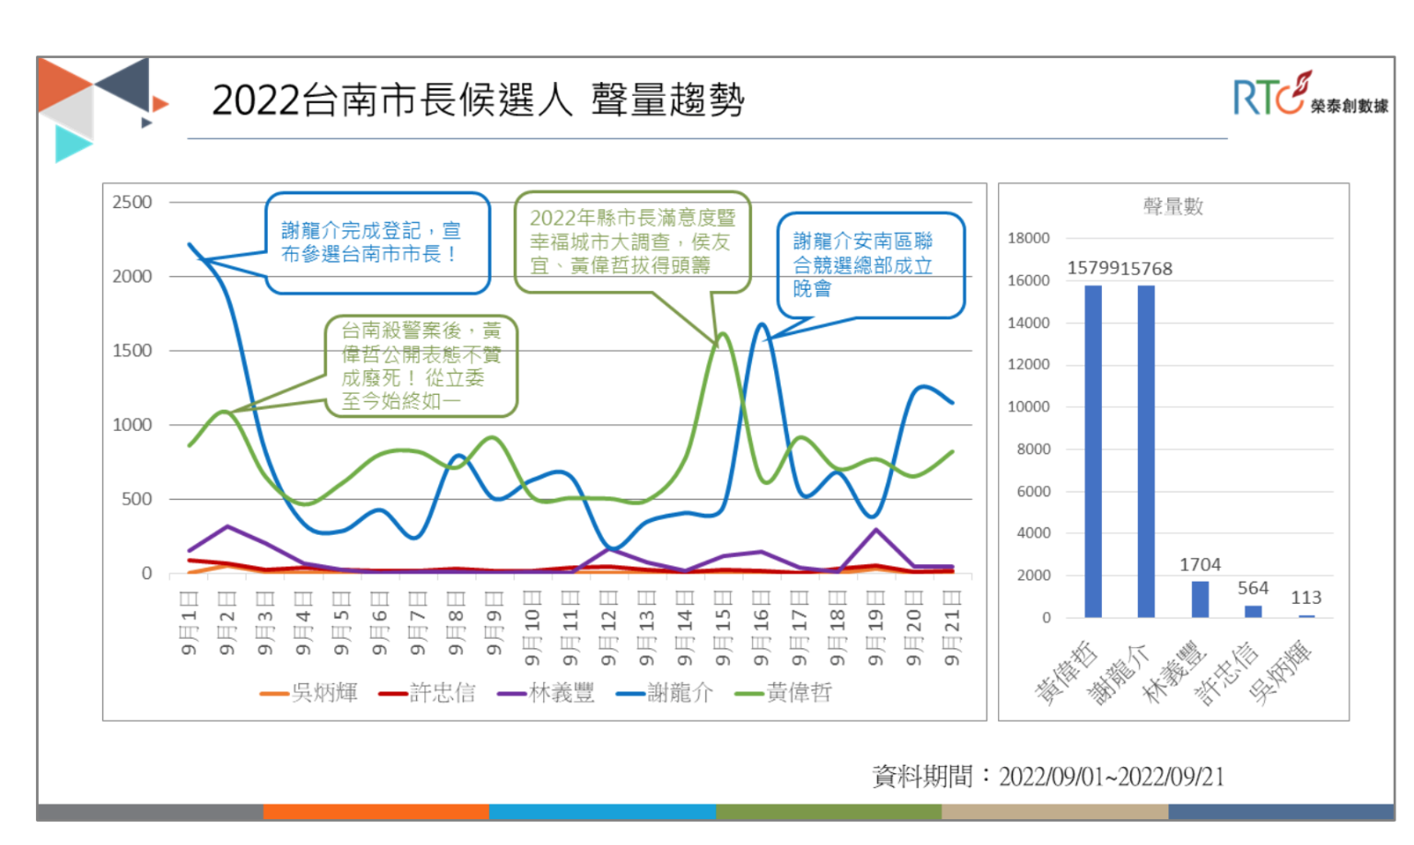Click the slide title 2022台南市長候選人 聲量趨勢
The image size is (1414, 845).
coord(478,99)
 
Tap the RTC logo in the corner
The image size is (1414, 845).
coord(1309,95)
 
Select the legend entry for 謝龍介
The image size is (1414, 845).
coord(666,693)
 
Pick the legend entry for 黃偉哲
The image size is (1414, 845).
coord(784,693)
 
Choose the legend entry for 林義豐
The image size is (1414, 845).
coord(547,693)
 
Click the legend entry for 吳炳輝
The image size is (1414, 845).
coord(309,693)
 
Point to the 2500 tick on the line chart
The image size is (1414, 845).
coord(132,203)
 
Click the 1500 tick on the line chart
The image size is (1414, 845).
coord(132,351)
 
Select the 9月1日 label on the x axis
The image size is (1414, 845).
coord(189,623)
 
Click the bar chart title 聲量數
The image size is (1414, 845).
coord(1173,206)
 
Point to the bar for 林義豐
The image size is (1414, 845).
coord(1200,598)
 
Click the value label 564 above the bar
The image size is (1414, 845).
coord(1253,587)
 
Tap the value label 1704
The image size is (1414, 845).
coord(1200,564)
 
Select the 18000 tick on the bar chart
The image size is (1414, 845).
coord(1028,237)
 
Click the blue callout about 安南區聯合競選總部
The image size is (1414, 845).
coord(870,265)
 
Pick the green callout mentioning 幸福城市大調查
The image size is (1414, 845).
coord(632,241)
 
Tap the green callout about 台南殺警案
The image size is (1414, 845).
coord(421,365)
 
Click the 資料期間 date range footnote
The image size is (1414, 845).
coord(1048,777)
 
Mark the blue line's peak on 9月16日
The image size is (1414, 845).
coord(761,324)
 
